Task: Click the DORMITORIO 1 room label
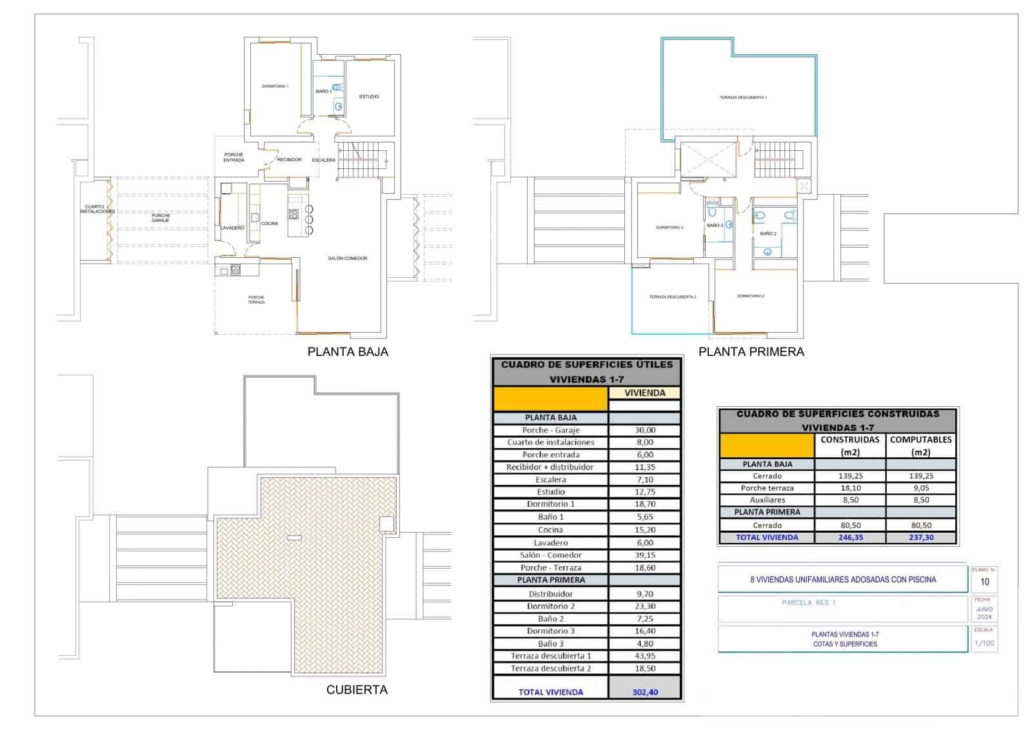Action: coord(275,86)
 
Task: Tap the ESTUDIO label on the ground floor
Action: coord(369,97)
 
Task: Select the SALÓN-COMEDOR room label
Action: coord(347,259)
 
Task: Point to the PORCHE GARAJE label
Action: coord(161,218)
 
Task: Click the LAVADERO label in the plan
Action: coord(232,228)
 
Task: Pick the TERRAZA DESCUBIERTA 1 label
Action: coord(743,97)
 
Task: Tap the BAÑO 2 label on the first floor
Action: coord(768,233)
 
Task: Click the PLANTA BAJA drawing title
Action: coord(348,352)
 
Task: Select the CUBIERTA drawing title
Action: coord(357,690)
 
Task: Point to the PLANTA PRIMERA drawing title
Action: coord(751,352)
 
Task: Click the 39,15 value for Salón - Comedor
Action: coord(644,555)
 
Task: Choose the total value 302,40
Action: coord(644,692)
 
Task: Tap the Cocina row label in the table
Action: coord(550,530)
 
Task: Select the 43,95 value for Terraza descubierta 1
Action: coord(644,656)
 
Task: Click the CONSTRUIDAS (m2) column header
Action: coord(849,446)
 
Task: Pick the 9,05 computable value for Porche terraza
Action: coord(920,488)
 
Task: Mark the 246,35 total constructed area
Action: coord(849,537)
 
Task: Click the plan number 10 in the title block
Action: coord(984,582)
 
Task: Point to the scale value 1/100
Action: coord(984,643)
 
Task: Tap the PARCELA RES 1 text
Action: coord(808,603)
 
